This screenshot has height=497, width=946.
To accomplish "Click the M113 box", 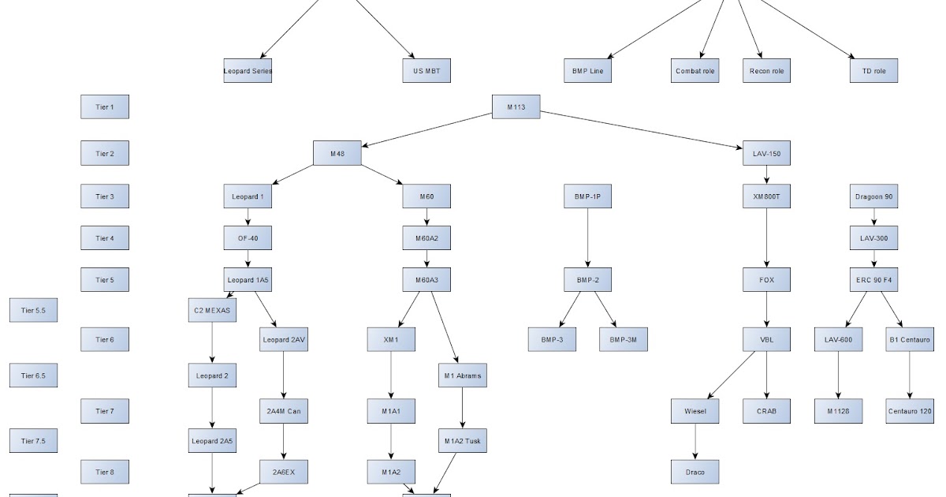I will coord(516,106).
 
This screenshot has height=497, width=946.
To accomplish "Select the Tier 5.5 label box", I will coord(33,311).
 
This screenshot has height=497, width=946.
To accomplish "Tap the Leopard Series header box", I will coord(248,71).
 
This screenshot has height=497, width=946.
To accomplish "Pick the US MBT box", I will coord(426,71).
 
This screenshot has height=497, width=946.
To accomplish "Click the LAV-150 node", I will coord(766,153).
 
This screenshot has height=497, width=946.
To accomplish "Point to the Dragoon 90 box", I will coord(873,196).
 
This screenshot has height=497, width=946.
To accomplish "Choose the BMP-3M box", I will coord(624,339).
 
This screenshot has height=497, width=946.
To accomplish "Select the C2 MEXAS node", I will coord(212,311).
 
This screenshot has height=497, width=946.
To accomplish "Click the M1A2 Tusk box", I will coord(462,440).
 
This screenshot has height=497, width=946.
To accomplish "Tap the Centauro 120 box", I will coord(910,411).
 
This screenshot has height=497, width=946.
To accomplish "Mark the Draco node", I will coord(695,472).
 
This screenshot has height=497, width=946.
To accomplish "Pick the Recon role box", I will coord(766,71).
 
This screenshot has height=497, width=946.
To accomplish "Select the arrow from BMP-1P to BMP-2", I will coord(588,238).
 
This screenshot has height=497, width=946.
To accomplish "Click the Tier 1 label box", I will coord(105,106).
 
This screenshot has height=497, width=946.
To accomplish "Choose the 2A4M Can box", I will coord(284,411).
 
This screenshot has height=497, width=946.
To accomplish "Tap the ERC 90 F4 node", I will coord(873,280).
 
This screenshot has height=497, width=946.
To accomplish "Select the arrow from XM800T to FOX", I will coord(766,238).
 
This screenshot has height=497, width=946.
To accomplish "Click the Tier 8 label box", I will coord(105,472).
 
